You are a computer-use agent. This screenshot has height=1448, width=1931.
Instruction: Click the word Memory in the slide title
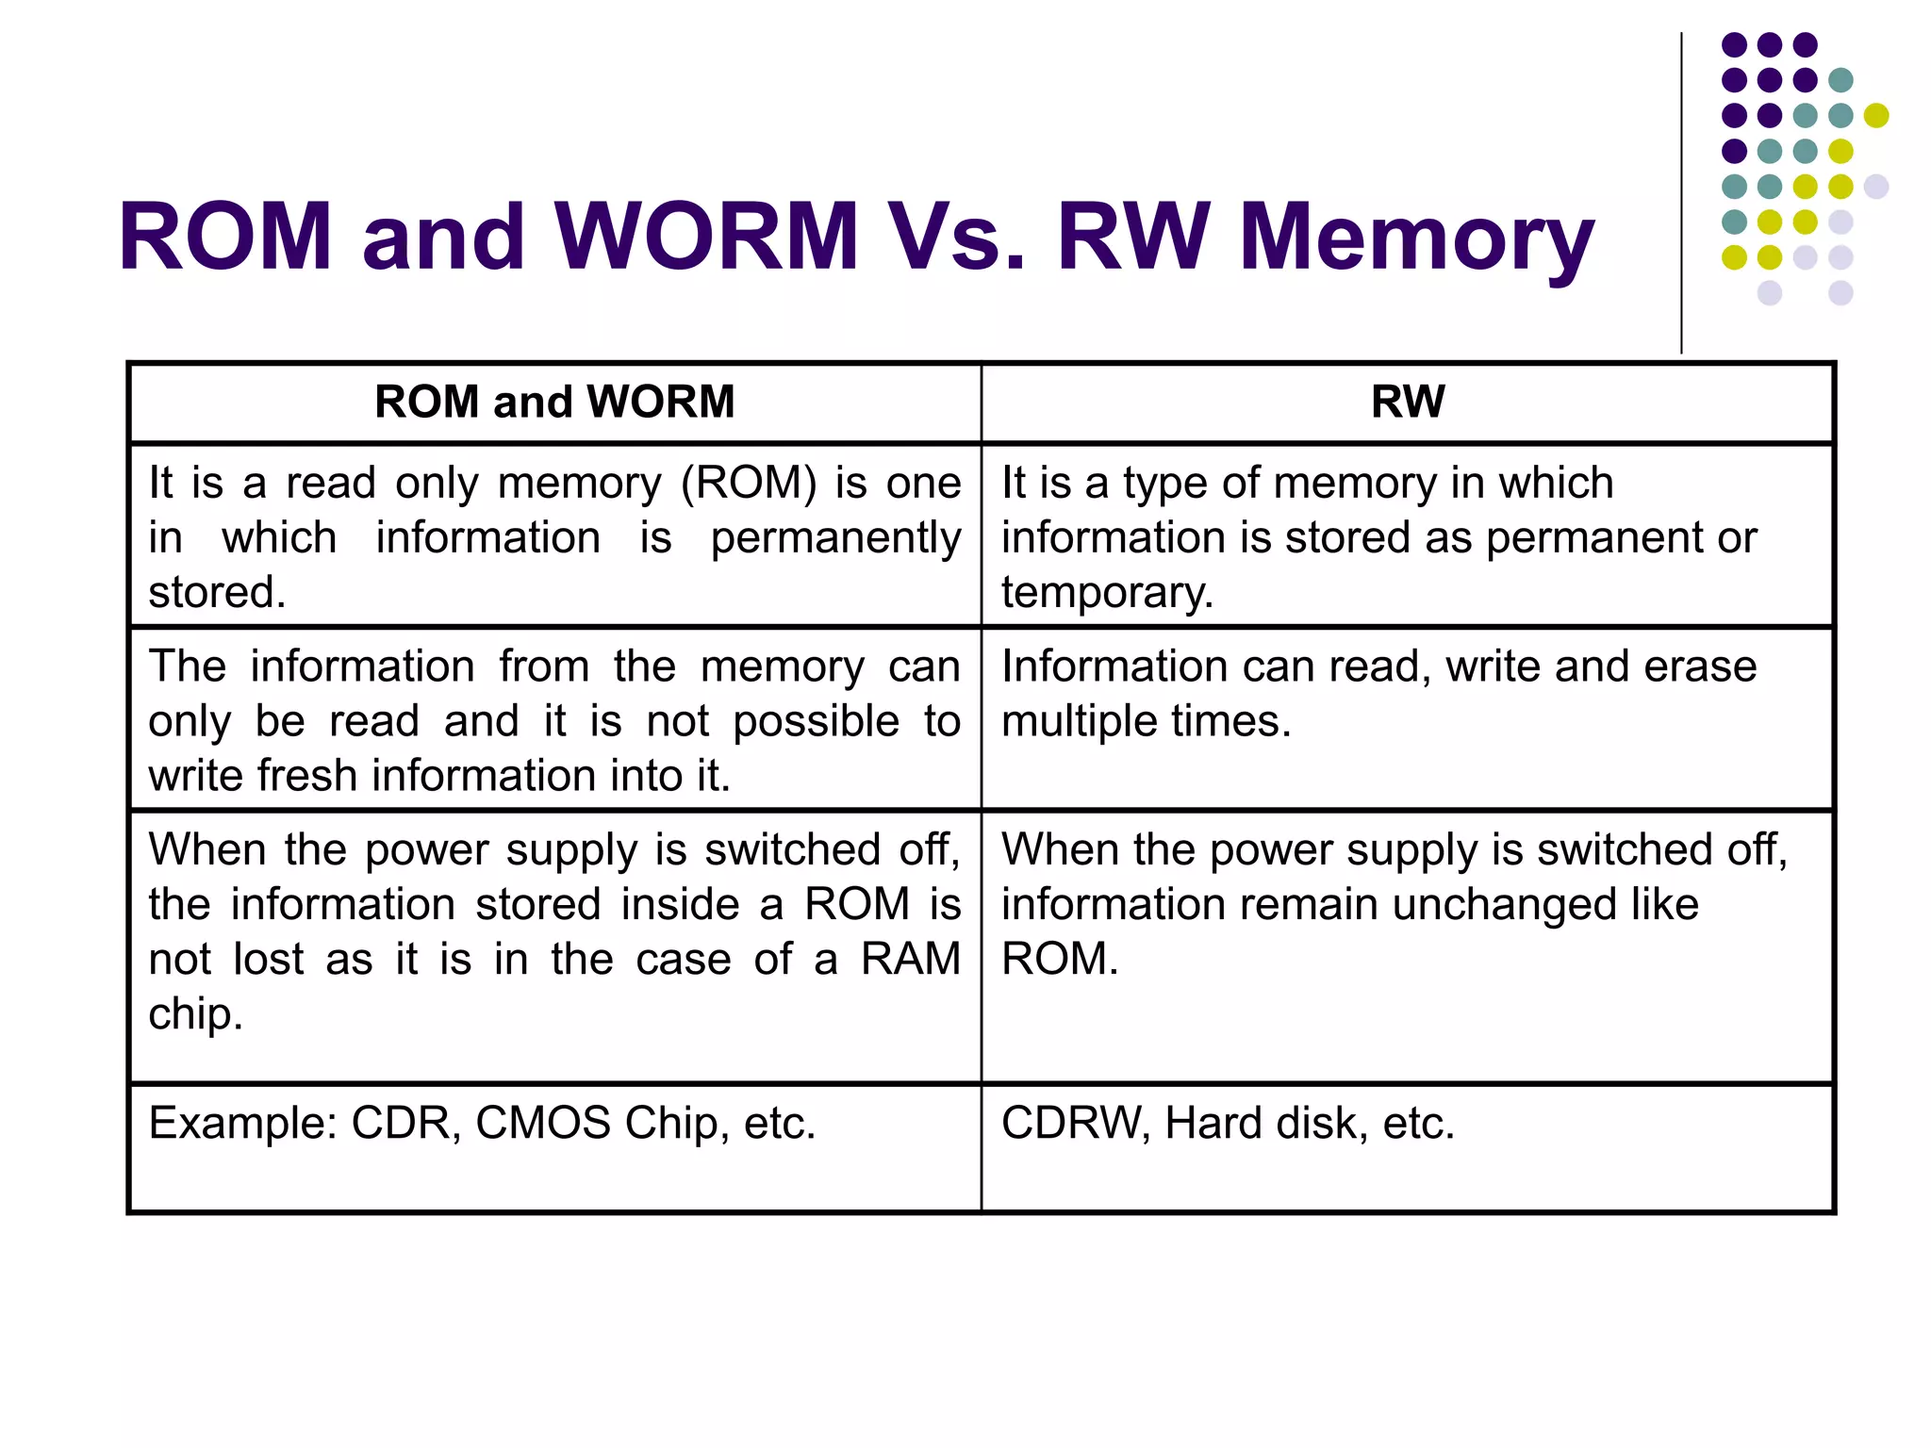[1415, 238]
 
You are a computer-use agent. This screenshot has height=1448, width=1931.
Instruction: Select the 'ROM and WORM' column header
[554, 402]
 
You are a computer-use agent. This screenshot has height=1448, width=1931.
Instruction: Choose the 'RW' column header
[1407, 402]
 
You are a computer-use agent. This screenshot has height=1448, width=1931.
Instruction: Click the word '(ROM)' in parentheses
[749, 483]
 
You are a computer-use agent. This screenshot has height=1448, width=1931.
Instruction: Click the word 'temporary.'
[1107, 593]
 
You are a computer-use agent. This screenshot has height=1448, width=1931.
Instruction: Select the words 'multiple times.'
[1146, 721]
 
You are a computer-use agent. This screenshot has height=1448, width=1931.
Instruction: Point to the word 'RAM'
[910, 959]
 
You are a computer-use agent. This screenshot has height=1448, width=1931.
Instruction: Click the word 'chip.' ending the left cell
[195, 1014]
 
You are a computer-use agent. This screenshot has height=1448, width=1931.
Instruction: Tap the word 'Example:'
[243, 1123]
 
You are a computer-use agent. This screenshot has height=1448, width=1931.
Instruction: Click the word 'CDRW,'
[1076, 1123]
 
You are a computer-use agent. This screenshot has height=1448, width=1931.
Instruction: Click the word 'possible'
[817, 722]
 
